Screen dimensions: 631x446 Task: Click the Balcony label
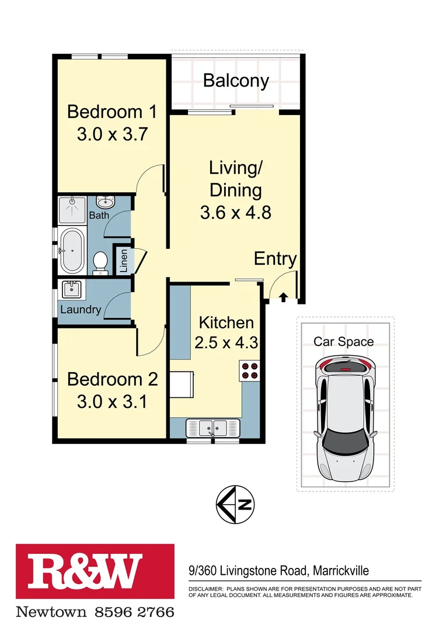[x=236, y=81]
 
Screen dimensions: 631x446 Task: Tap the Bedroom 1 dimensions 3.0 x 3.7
[x=111, y=134]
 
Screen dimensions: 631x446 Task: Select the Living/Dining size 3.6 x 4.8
[x=235, y=213]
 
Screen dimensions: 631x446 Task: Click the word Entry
[x=276, y=259]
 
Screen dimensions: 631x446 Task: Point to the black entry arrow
[x=283, y=298]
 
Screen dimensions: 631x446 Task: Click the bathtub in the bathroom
[x=72, y=251]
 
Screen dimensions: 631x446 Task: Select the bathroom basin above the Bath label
[x=106, y=202]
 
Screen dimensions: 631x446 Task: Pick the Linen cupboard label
[x=123, y=259]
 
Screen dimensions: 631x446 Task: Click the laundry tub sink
[x=72, y=289]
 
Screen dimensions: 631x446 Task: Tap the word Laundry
[x=81, y=310]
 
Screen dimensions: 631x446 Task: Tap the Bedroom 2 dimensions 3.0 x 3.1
[x=112, y=402]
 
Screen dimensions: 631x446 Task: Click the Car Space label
[x=344, y=342]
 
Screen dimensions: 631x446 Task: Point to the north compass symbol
[x=235, y=504]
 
